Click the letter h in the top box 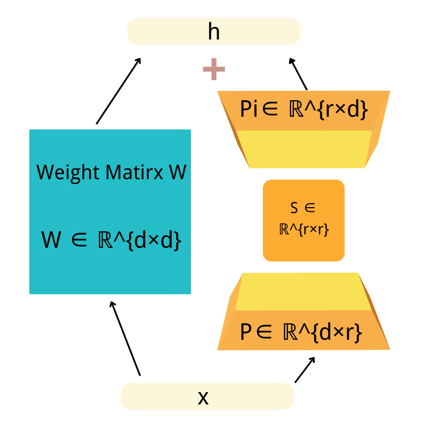pyautogui.click(x=214, y=32)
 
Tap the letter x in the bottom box pyautogui.click(x=203, y=398)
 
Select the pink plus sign pyautogui.click(x=214, y=69)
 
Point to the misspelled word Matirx pyautogui.click(x=135, y=172)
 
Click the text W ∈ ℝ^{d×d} pyautogui.click(x=111, y=240)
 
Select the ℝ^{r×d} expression pyautogui.click(x=329, y=110)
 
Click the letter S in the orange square pyautogui.click(x=294, y=207)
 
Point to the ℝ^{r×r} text pyautogui.click(x=304, y=229)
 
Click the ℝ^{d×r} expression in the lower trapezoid pyautogui.click(x=323, y=332)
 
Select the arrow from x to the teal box pyautogui.click(x=125, y=339)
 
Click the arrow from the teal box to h pyautogui.click(x=118, y=91)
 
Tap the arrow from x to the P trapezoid pyautogui.click(x=305, y=370)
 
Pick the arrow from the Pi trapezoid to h pyautogui.click(x=298, y=74)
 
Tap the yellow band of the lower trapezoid pyautogui.click(x=303, y=292)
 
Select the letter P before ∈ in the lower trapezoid pyautogui.click(x=246, y=332)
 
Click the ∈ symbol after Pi pyautogui.click(x=270, y=109)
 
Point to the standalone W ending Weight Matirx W pyautogui.click(x=178, y=172)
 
